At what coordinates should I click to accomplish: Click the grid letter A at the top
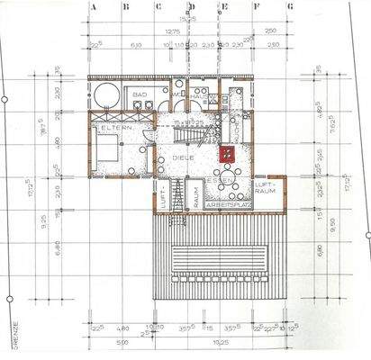(94, 5)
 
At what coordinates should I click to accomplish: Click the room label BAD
(140, 94)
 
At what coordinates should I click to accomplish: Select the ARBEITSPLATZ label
(229, 205)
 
